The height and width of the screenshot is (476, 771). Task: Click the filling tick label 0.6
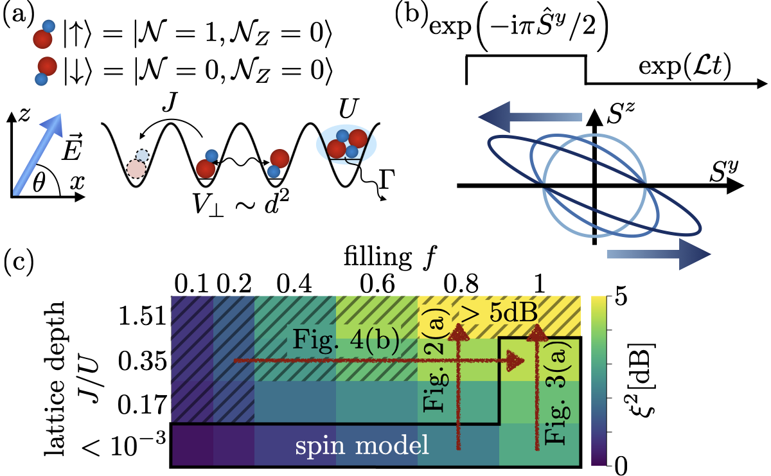point(376,283)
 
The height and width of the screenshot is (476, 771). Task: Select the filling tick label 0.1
point(191,283)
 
